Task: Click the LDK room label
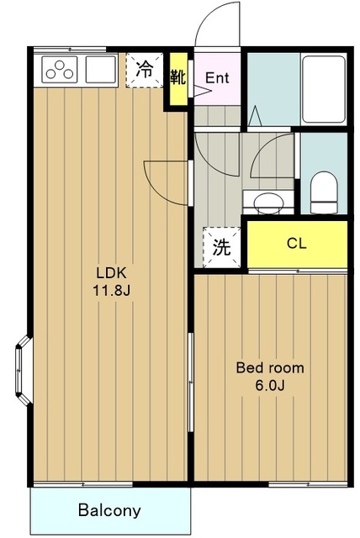point(112,273)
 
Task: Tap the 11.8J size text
point(112,291)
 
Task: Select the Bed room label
point(270,368)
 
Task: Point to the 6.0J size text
point(270,386)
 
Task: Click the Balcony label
point(109,510)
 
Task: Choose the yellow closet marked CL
point(297,244)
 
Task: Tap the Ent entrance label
point(217,78)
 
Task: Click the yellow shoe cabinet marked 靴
point(178,79)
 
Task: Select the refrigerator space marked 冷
point(144,71)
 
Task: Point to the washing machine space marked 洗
point(221,247)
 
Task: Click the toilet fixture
point(324,193)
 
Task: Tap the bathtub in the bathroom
point(324,89)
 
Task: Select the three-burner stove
point(60,70)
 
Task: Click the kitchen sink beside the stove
point(101,70)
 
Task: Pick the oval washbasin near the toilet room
point(268,203)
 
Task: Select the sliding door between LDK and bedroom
point(190,382)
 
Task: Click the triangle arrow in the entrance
point(202,91)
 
